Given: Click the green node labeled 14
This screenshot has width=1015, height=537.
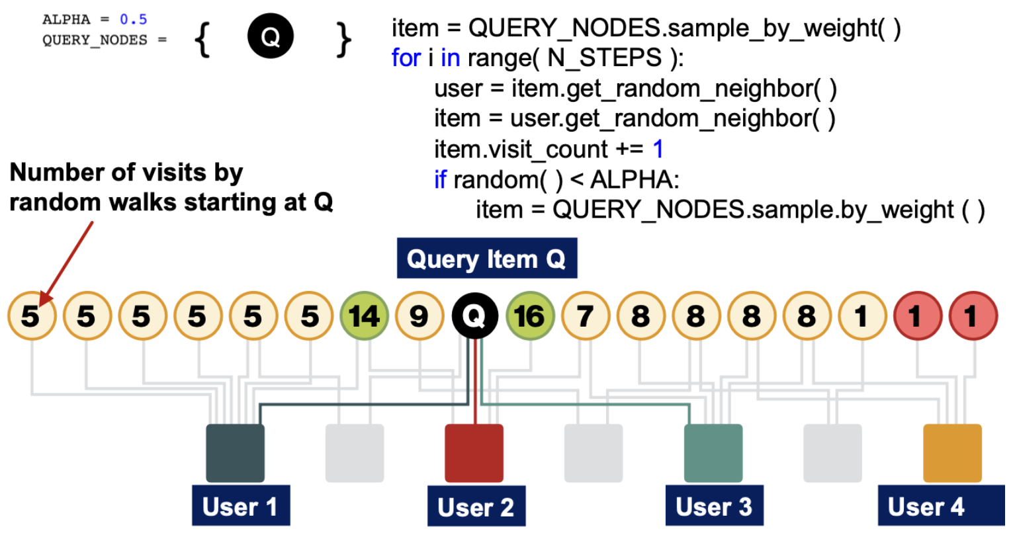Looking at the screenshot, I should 363,316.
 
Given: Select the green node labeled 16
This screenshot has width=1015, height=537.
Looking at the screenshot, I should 530,316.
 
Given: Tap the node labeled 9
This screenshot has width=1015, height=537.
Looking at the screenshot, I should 419,316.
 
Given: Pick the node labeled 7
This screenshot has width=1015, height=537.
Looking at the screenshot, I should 585,316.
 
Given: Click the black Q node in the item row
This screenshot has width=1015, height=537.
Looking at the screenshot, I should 474,316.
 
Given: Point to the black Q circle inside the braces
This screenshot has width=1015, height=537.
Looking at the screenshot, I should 271,36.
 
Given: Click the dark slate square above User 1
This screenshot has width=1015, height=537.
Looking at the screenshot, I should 235,453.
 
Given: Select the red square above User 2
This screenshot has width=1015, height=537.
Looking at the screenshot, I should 474,453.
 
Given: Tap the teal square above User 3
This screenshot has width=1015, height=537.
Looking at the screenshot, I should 713,453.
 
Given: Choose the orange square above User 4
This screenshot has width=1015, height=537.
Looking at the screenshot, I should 952,453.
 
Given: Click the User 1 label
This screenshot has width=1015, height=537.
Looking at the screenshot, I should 240,507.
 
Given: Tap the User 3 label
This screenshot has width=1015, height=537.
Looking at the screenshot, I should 714,507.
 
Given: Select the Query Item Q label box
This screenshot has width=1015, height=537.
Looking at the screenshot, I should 486,259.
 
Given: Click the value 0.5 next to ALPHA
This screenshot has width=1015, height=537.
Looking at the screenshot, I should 133,19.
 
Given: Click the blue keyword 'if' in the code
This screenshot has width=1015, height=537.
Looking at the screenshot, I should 440,179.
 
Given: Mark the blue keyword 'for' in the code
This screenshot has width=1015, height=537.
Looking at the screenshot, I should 406,58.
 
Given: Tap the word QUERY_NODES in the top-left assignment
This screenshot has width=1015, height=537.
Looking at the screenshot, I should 95,40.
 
